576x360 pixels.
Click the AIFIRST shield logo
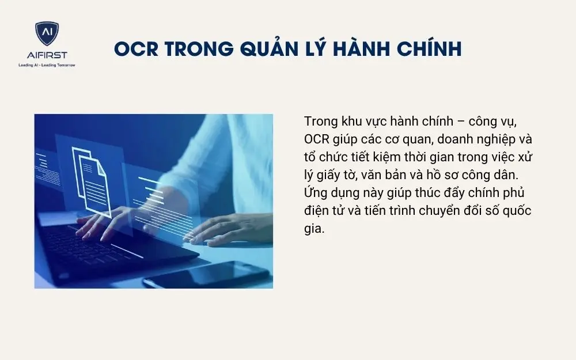tap(47, 36)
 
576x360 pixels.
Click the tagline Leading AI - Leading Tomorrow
tap(47, 65)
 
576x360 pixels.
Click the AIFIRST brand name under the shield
tap(47, 56)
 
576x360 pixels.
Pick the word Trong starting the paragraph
tap(320, 122)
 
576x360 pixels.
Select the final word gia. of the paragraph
tap(314, 229)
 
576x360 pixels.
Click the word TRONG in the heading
tap(193, 49)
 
